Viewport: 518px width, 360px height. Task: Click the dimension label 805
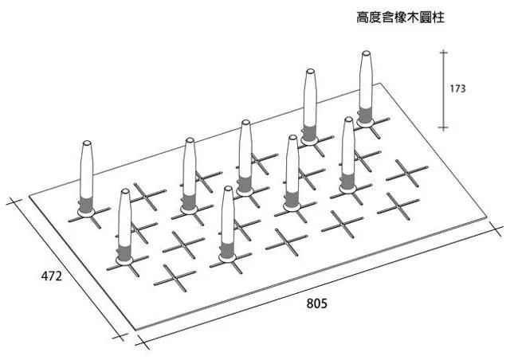pyautogui.click(x=316, y=303)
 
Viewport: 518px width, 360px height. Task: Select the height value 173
pyautogui.click(x=457, y=89)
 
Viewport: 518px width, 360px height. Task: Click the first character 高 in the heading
pyautogui.click(x=362, y=17)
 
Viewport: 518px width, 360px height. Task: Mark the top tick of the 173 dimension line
pyautogui.click(x=443, y=53)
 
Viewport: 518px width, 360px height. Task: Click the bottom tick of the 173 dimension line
pyautogui.click(x=443, y=127)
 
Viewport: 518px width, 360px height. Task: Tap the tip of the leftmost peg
pyautogui.click(x=87, y=143)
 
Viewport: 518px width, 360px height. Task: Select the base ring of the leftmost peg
pyautogui.click(x=87, y=211)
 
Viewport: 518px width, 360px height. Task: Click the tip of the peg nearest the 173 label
pyautogui.click(x=366, y=54)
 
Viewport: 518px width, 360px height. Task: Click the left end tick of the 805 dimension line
pyautogui.click(x=141, y=343)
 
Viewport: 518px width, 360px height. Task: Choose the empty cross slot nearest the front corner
pyautogui.click(x=174, y=276)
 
